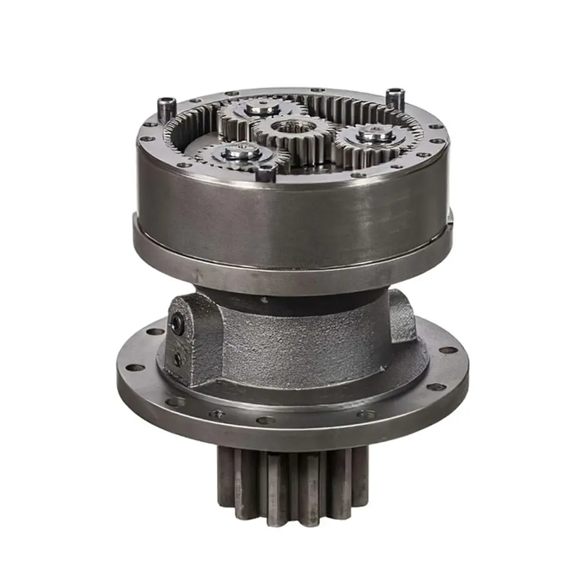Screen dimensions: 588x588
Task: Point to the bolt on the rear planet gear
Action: tap(261, 108)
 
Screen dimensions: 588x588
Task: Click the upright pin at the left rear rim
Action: tap(166, 109)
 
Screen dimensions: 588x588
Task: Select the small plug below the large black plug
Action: tap(177, 359)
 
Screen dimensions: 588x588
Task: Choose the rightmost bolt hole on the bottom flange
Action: tap(448, 350)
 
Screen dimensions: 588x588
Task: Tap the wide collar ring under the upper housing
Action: tap(294, 268)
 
